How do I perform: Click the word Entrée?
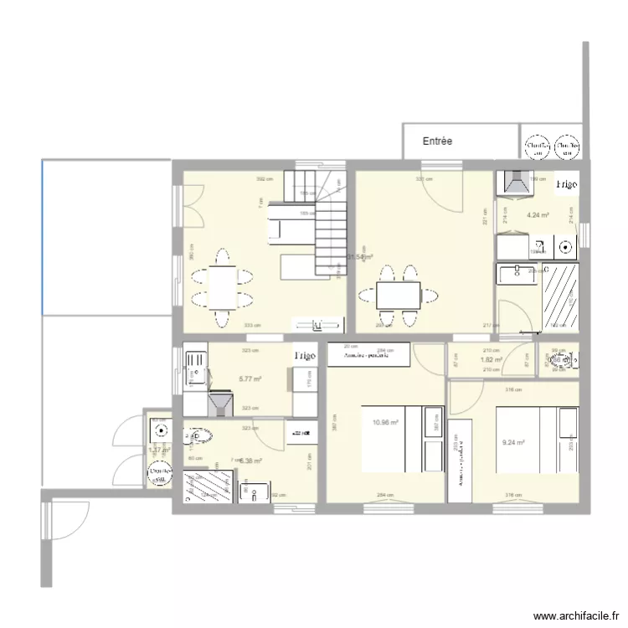pos(437,141)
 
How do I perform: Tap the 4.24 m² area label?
pos(538,215)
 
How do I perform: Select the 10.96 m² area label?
pos(386,423)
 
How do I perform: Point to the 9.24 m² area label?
pos(513,443)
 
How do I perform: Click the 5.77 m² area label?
pos(250,379)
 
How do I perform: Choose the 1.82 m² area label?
pos(491,360)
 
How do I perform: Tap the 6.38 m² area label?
pos(250,460)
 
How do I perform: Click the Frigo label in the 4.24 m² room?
pos(566,183)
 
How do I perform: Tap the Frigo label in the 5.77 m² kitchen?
pos(304,356)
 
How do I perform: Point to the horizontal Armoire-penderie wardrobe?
pos(368,355)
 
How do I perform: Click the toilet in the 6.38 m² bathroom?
pos(198,436)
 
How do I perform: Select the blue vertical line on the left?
pos(42,238)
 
